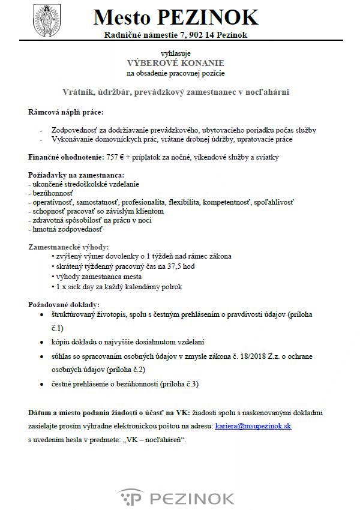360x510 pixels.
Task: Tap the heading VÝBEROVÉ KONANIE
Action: pyautogui.click(x=175, y=63)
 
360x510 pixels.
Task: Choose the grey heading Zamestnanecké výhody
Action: pyautogui.click(x=68, y=247)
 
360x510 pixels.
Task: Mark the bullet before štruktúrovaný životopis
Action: pyautogui.click(x=40, y=314)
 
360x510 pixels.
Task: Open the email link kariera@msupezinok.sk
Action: pyautogui.click(x=253, y=425)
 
